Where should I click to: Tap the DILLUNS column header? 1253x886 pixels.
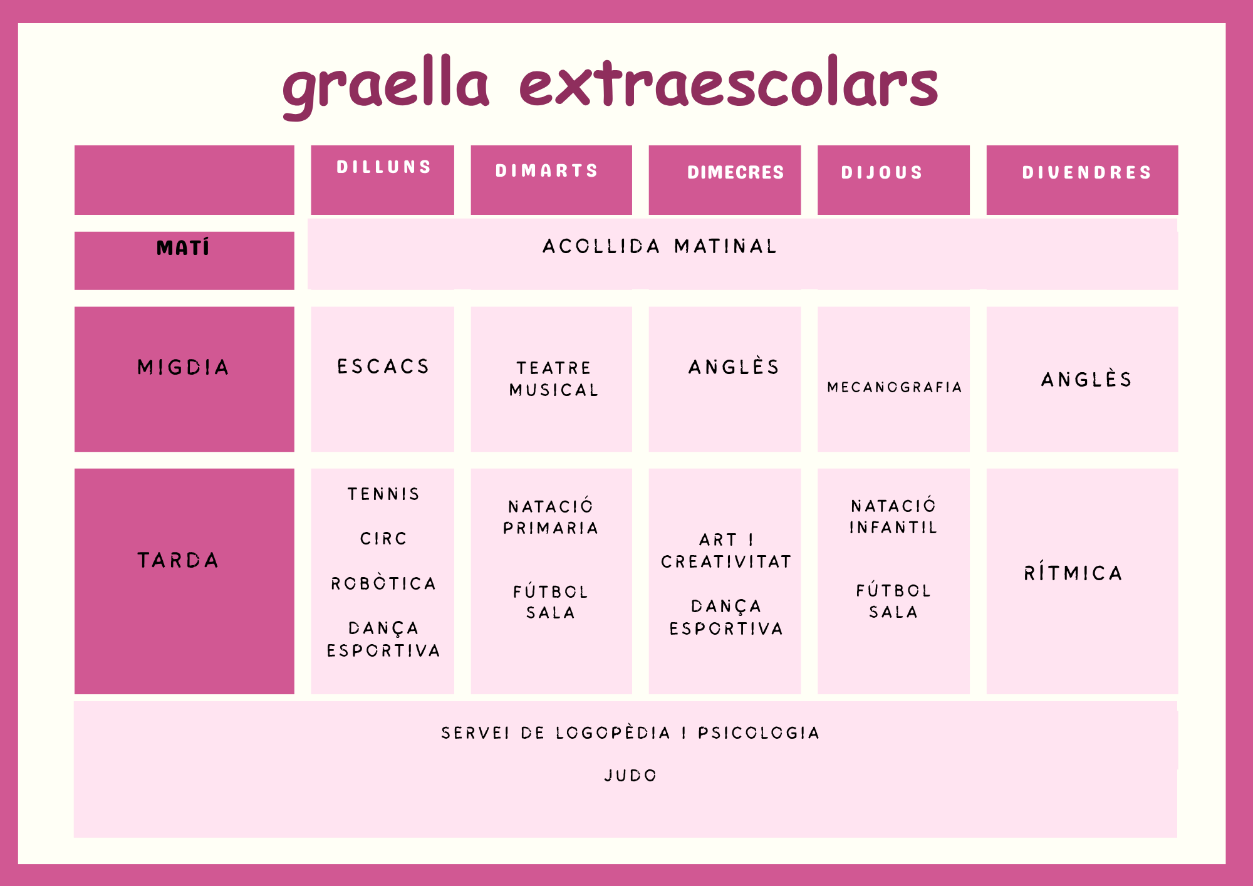coord(384,167)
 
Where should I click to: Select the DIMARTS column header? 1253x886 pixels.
coord(547,170)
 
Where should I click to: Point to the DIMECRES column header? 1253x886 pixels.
coord(736,172)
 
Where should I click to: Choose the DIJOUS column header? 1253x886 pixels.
coord(881,172)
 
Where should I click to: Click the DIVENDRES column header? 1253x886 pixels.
coord(1087,172)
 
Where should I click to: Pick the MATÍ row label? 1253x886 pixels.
coord(183,248)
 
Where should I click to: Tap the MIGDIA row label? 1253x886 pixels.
coord(183,367)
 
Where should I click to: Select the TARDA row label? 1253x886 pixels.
coord(178,560)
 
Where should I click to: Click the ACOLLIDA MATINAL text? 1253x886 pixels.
coord(660,246)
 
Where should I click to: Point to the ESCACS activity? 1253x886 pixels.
coord(383,366)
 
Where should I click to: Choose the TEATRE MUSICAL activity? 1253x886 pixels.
coord(554,379)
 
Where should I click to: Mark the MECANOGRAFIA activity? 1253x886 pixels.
coord(895,387)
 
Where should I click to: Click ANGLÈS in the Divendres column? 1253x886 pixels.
coord(1087,378)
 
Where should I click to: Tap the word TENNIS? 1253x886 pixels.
coord(383,494)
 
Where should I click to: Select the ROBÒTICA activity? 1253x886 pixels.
coord(383,583)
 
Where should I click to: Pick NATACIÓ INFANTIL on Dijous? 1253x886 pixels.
coord(893,517)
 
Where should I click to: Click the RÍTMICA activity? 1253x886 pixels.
coord(1073,572)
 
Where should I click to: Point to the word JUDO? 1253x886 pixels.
coord(630,776)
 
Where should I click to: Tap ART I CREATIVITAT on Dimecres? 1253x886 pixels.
coord(726,551)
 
